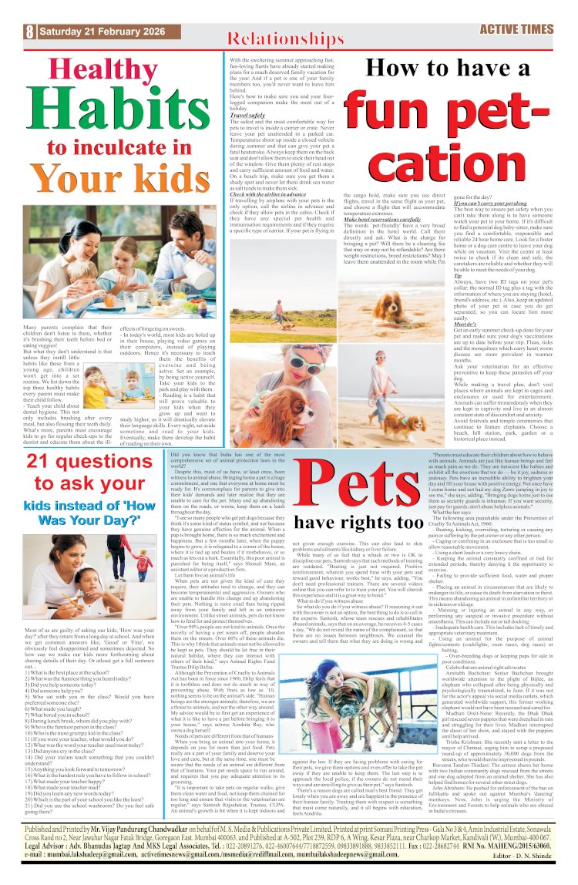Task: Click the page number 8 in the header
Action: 29,32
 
